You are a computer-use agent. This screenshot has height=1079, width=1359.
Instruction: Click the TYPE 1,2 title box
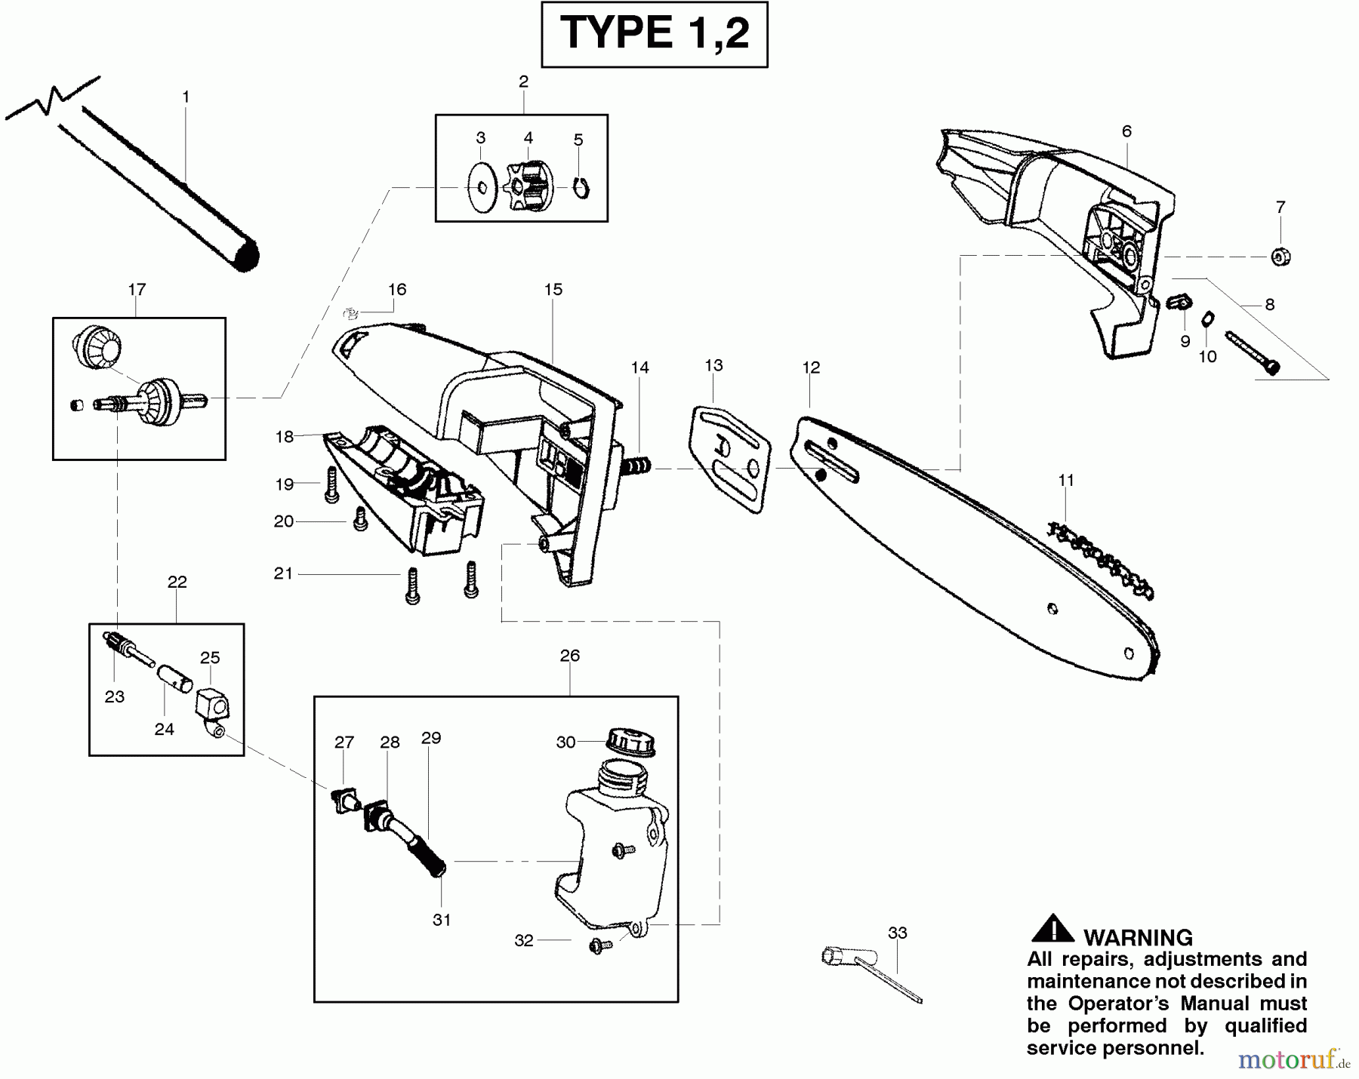pos(654,35)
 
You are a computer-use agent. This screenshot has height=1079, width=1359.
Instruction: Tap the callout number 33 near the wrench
pos(897,933)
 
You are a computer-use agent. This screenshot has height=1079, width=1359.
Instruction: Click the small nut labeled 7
pos(1280,257)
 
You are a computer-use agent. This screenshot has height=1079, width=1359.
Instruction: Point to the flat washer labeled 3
pos(479,186)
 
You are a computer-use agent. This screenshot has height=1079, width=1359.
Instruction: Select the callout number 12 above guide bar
pos(811,367)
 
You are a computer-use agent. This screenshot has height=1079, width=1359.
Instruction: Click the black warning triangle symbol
pos(1052,929)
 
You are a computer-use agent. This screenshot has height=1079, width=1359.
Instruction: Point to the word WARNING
pos(1138,938)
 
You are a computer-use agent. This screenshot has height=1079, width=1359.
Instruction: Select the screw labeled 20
pos(360,518)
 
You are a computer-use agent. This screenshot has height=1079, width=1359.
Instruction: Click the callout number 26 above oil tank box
pos(570,656)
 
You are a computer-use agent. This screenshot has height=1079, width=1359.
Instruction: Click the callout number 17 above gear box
pos(137,289)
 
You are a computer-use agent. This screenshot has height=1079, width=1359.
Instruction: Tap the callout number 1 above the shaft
pos(186,97)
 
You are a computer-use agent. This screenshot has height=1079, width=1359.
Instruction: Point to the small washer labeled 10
pos(1207,319)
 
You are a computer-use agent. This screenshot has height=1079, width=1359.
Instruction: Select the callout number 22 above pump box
pos(177,582)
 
